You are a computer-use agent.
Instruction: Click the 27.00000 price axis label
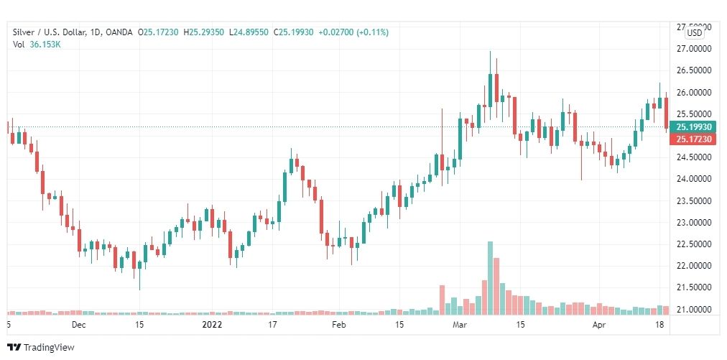(693, 49)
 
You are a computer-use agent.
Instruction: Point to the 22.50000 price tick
(693, 244)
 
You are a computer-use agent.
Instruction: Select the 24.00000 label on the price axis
(693, 179)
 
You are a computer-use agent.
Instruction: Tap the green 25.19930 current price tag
(694, 126)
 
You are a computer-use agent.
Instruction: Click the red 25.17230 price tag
(694, 139)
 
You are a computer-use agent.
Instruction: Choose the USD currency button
(695, 32)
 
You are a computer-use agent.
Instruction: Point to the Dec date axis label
(79, 325)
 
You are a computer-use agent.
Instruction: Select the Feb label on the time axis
(339, 325)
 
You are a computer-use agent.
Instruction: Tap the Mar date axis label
(460, 325)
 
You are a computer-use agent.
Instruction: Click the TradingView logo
(42, 348)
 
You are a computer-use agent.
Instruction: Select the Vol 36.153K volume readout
(37, 44)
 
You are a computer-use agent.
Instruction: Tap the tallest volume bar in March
(490, 278)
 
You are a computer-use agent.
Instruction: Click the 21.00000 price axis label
(693, 310)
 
